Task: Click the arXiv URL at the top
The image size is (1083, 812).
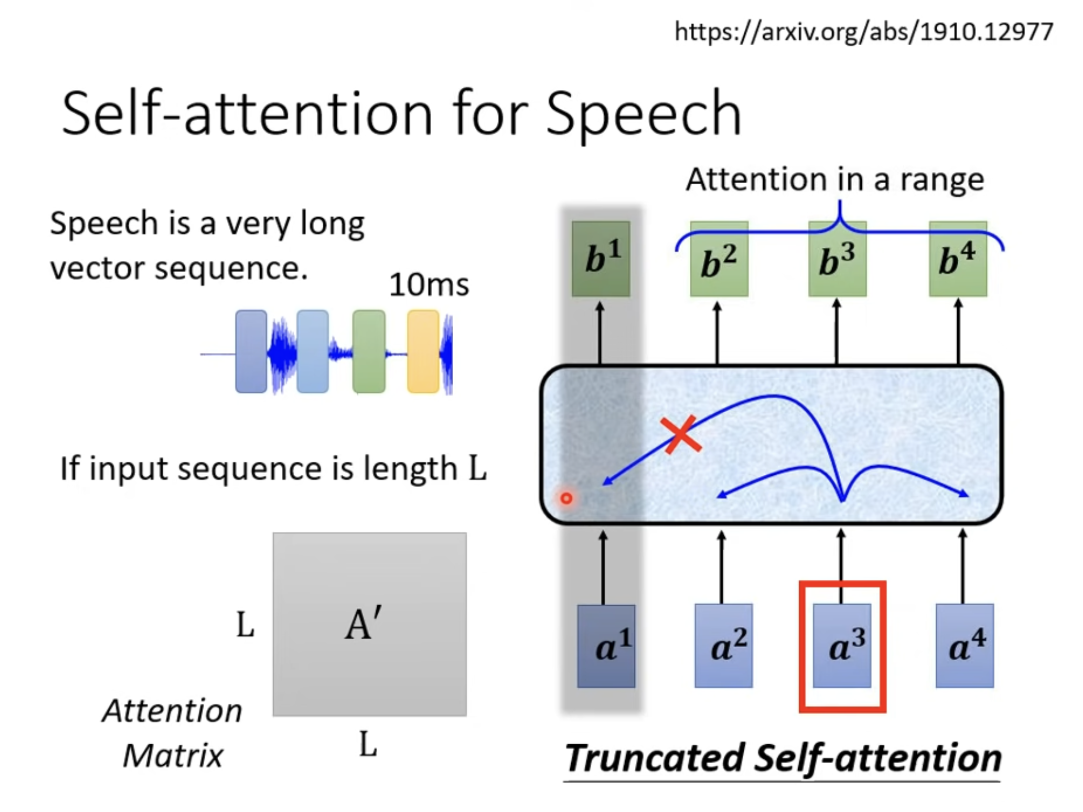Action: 864,32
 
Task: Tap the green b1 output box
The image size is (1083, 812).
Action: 601,259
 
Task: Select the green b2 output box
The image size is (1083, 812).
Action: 719,259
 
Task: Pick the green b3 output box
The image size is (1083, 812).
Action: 838,259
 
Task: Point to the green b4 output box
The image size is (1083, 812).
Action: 958,259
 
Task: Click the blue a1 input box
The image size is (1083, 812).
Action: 606,646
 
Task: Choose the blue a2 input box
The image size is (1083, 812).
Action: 724,646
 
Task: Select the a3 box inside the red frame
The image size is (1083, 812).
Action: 842,646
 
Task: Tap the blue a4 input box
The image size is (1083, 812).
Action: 965,646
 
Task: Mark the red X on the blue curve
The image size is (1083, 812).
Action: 681,435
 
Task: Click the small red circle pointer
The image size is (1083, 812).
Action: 566,498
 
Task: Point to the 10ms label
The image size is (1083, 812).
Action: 429,285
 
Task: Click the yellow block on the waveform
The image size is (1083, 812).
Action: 423,352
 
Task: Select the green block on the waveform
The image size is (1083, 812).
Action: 369,352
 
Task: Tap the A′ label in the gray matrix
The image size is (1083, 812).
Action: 363,624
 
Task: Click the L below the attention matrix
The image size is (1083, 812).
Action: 368,744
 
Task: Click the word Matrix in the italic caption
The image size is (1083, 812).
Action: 173,756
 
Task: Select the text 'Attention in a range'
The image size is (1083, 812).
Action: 835,180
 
